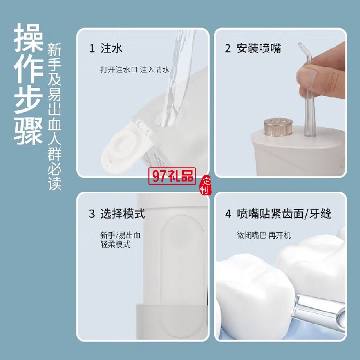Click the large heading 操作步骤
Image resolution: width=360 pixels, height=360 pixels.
pyautogui.click(x=28, y=84)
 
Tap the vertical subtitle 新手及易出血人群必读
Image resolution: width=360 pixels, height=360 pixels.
pyautogui.click(x=54, y=117)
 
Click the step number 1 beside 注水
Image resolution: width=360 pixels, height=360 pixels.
pyautogui.click(x=92, y=48)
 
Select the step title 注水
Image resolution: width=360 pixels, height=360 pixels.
pyautogui.click(x=111, y=48)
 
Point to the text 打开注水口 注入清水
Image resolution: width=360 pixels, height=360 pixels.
pyautogui.click(x=135, y=69)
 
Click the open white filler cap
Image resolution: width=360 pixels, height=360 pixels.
pyautogui.click(x=125, y=147)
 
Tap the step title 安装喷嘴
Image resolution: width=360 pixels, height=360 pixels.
pyautogui.click(x=259, y=48)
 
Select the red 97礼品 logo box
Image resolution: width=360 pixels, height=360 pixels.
pyautogui.click(x=172, y=176)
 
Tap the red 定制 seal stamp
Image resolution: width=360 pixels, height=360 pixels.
pyautogui.click(x=205, y=185)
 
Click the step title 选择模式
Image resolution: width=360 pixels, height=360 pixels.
pyautogui.click(x=123, y=214)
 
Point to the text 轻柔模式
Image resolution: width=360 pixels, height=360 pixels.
pyautogui.click(x=115, y=244)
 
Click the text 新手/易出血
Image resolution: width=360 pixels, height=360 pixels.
pyautogui.click(x=120, y=235)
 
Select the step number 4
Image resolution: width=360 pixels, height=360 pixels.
pyautogui.click(x=228, y=214)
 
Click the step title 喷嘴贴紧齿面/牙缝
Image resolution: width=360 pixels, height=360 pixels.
pyautogui.click(x=284, y=214)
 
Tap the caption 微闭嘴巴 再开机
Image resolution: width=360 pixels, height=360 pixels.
pyautogui.click(x=264, y=235)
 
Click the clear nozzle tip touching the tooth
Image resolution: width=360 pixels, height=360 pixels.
pyautogui.click(x=318, y=311)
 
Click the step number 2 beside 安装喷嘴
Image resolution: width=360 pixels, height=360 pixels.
pyautogui.click(x=228, y=48)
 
